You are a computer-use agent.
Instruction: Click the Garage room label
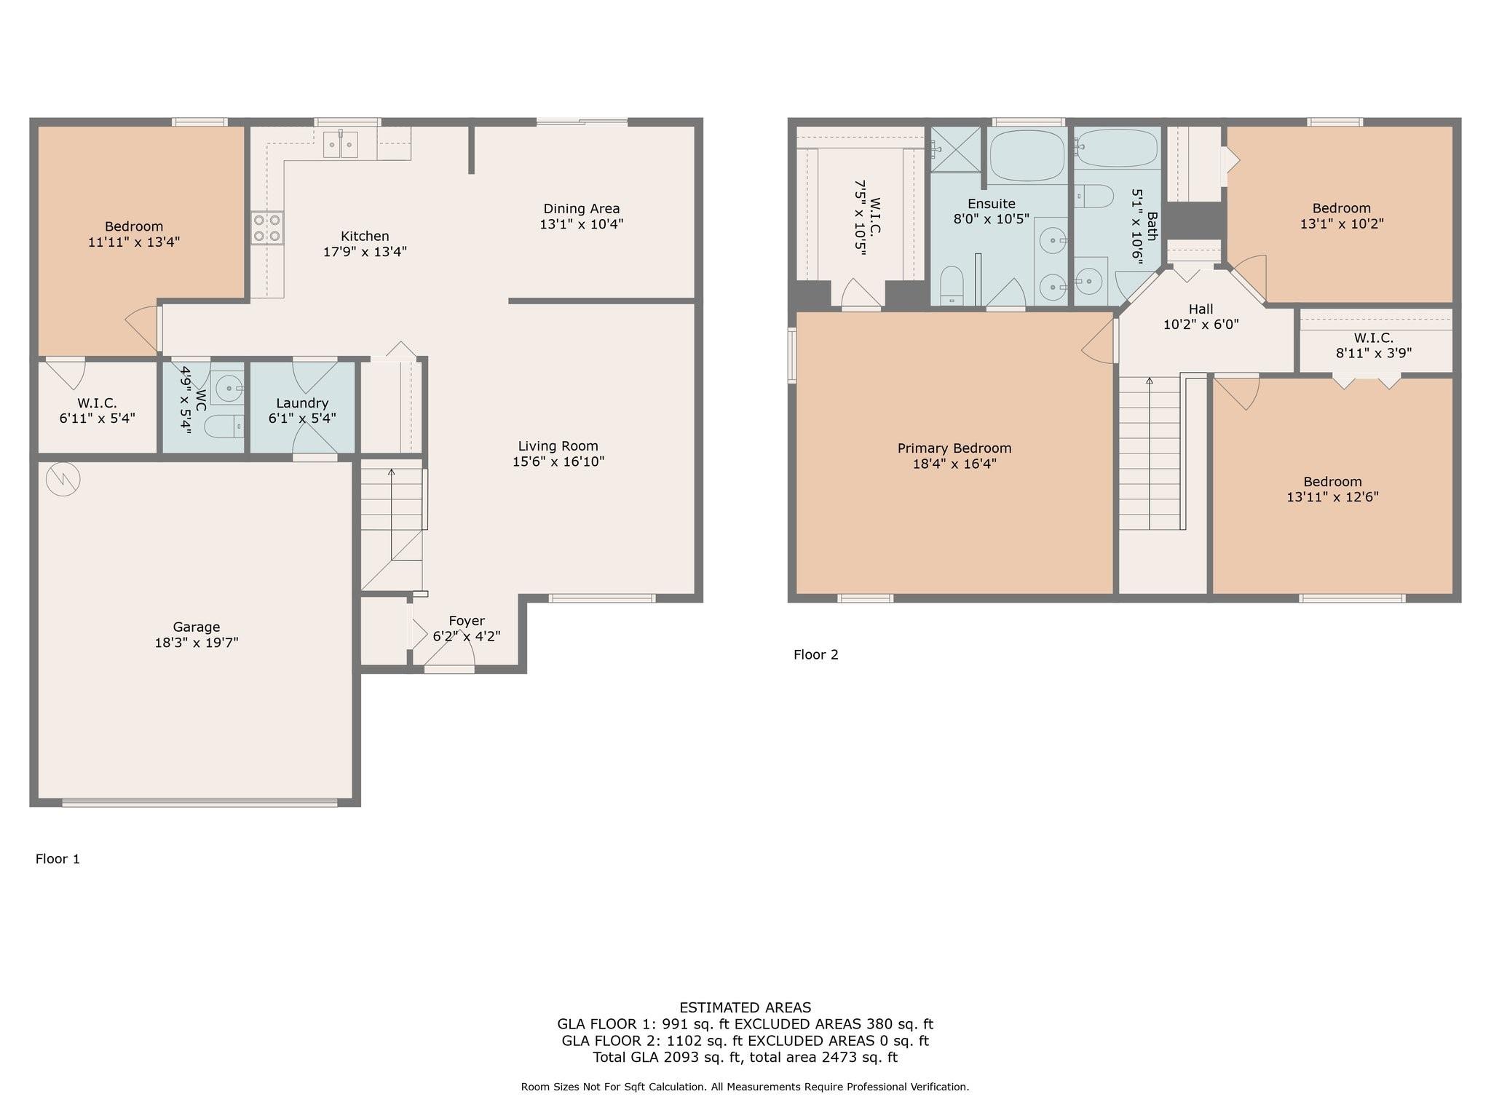pyautogui.click(x=197, y=627)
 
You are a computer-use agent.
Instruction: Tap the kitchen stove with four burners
pyautogui.click(x=268, y=228)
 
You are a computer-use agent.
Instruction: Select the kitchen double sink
pyautogui.click(x=341, y=145)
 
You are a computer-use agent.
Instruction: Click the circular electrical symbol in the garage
pyautogui.click(x=63, y=480)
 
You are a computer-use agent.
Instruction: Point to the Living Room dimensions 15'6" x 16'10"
pyautogui.click(x=558, y=461)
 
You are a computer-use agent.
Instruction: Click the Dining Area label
pyautogui.click(x=582, y=209)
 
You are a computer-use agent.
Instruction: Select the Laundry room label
pyautogui.click(x=302, y=403)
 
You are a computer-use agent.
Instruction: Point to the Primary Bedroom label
pyautogui.click(x=954, y=448)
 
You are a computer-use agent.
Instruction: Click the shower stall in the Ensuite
pyautogui.click(x=956, y=149)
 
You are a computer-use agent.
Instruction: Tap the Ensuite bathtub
pyautogui.click(x=1027, y=156)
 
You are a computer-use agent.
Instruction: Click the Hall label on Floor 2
pyautogui.click(x=1201, y=309)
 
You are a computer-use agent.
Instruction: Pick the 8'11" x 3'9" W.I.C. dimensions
pyautogui.click(x=1374, y=354)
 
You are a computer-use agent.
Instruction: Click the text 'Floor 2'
pyautogui.click(x=816, y=655)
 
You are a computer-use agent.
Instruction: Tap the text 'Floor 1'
pyautogui.click(x=58, y=859)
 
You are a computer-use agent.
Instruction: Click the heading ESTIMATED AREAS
pyautogui.click(x=745, y=1008)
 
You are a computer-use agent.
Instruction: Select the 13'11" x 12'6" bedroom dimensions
pyautogui.click(x=1333, y=497)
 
